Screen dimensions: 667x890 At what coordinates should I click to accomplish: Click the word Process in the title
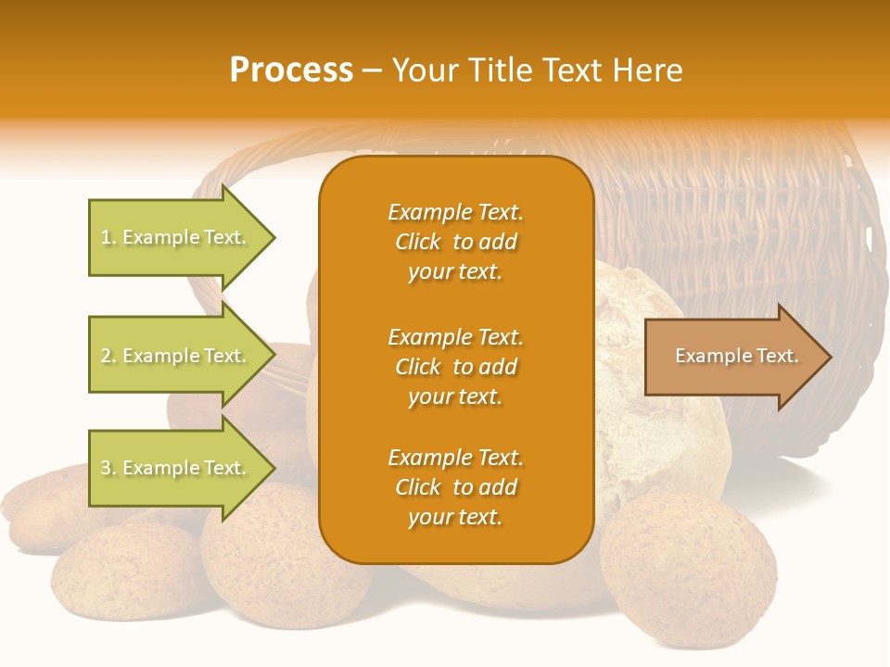tap(291, 70)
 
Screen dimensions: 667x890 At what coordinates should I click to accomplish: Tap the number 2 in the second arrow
tap(106, 356)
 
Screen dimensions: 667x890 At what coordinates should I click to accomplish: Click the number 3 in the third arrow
tap(106, 468)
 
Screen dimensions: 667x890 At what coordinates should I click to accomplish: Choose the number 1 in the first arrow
tap(105, 237)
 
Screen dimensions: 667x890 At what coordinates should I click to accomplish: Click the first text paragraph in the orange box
tap(455, 242)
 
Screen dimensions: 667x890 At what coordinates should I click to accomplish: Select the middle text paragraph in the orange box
tap(455, 367)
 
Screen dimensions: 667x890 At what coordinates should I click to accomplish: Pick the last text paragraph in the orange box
tap(455, 487)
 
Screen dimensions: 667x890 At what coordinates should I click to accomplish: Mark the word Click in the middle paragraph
tap(418, 367)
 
